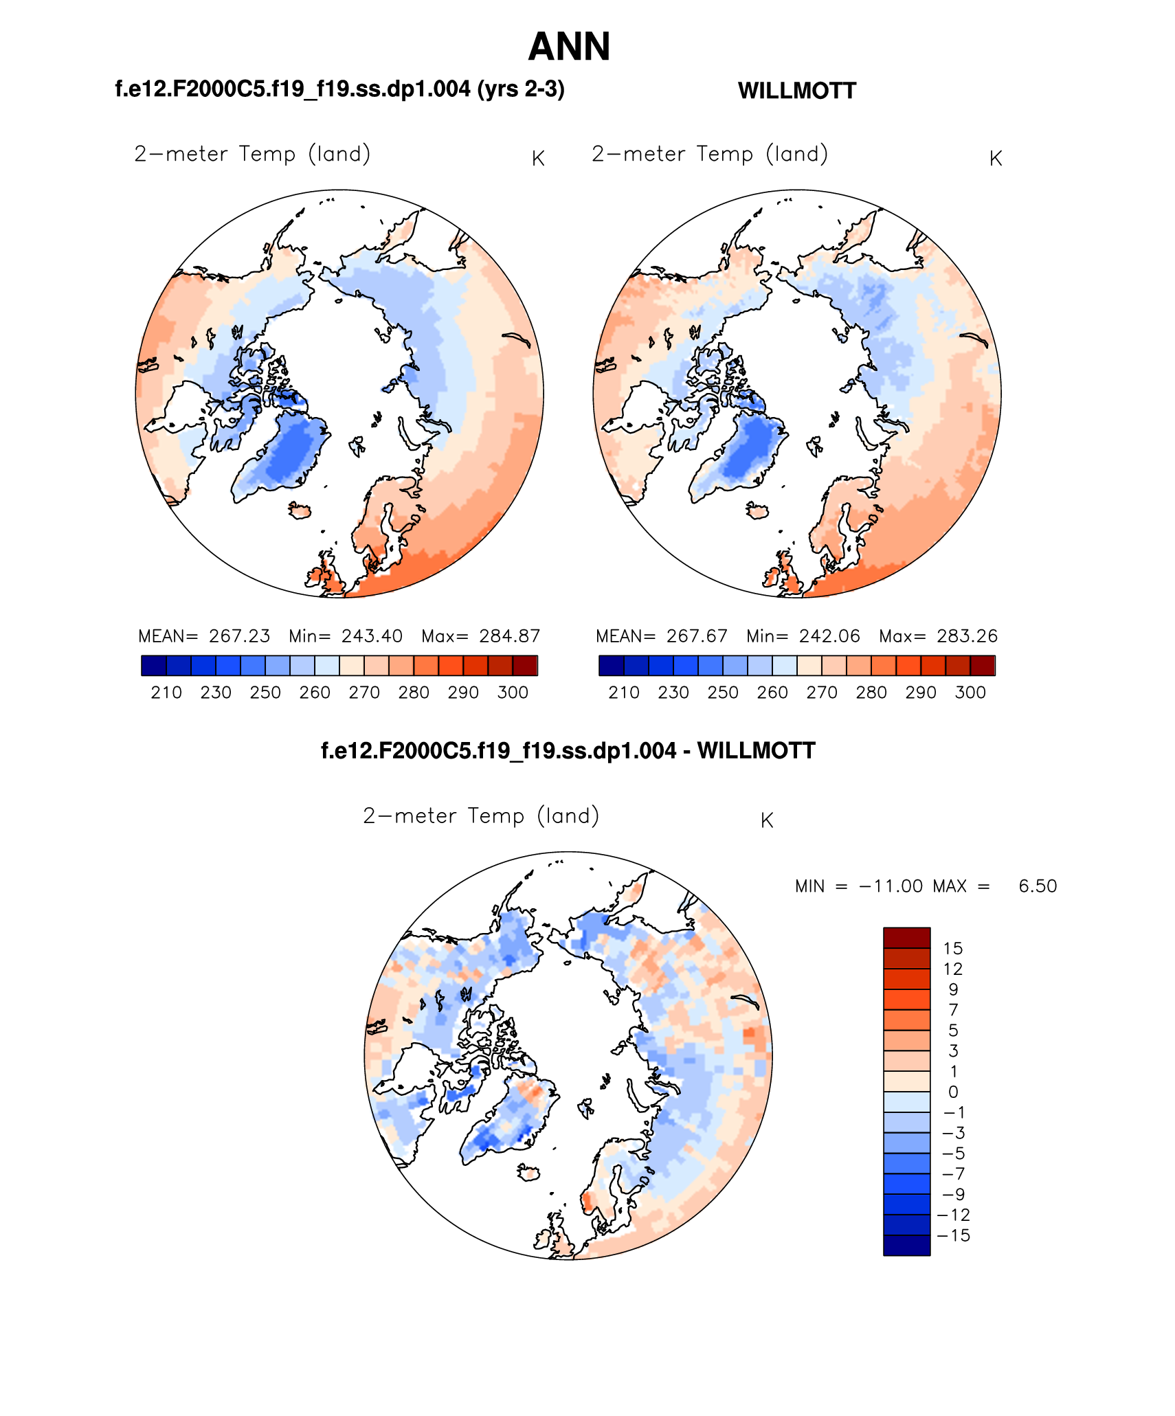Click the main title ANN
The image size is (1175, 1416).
click(x=569, y=47)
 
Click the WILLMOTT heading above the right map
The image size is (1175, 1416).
click(x=796, y=91)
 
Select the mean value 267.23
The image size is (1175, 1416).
click(x=239, y=636)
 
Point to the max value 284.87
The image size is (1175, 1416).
click(x=510, y=636)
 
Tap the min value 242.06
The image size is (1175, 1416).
click(x=829, y=636)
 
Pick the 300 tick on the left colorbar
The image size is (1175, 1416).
click(x=513, y=693)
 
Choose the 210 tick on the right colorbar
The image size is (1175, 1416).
click(x=624, y=693)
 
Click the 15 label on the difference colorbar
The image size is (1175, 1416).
click(x=952, y=949)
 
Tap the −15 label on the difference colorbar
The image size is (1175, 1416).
click(x=954, y=1235)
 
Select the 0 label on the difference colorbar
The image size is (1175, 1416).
click(x=952, y=1092)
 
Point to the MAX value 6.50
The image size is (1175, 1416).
click(x=1038, y=886)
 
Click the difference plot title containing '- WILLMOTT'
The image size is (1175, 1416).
click(x=568, y=750)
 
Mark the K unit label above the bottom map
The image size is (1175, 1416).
click(x=767, y=820)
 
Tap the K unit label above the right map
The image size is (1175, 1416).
click(x=996, y=159)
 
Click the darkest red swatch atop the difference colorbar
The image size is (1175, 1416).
click(x=906, y=938)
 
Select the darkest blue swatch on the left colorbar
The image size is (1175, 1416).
click(x=154, y=666)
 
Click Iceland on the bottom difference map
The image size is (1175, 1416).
click(x=529, y=1172)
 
